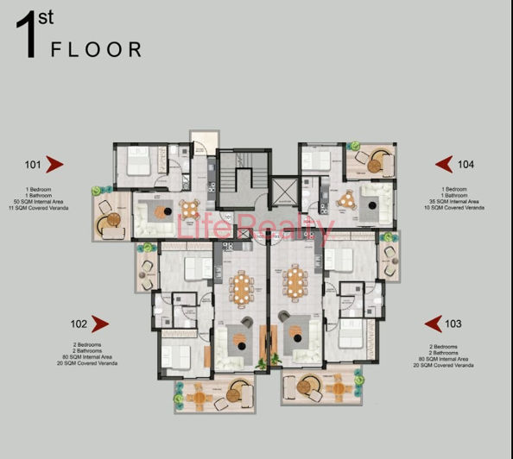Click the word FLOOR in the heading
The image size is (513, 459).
click(x=96, y=50)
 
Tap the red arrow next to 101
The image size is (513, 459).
click(x=55, y=164)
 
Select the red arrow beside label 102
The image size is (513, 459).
click(x=99, y=324)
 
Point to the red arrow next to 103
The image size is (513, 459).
click(x=433, y=324)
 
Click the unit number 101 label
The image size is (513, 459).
click(x=34, y=164)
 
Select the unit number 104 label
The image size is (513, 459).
click(x=466, y=164)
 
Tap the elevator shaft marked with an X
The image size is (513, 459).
click(x=282, y=192)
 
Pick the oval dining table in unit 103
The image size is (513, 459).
click(x=294, y=280)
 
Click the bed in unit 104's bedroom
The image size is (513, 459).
click(x=317, y=160)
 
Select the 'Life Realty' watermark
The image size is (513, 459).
click(x=255, y=228)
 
